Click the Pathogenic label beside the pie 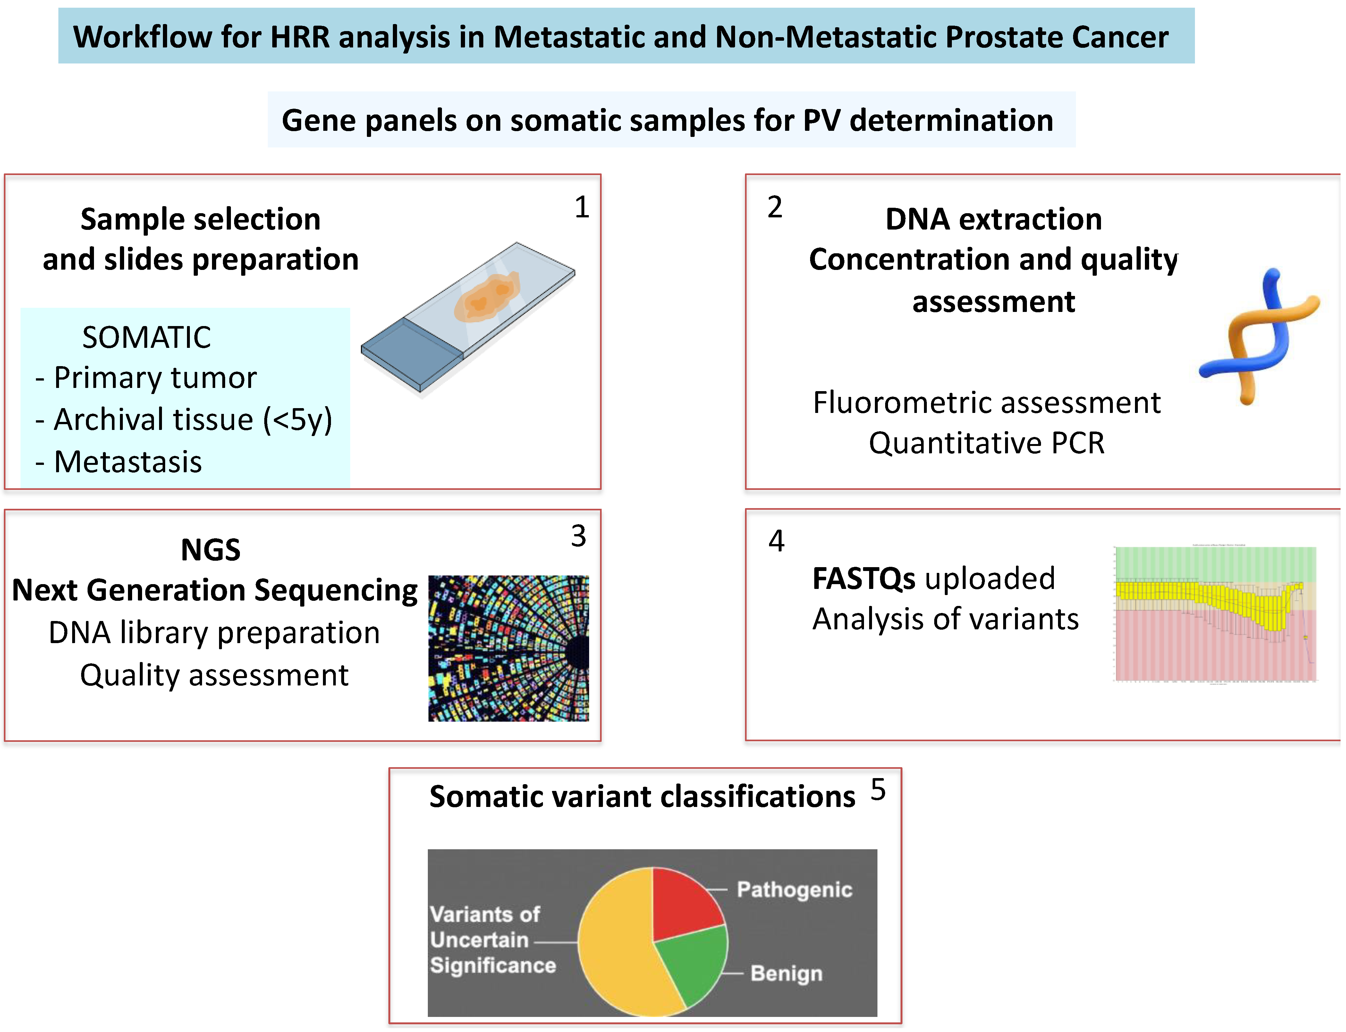click(794, 889)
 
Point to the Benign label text click(786, 974)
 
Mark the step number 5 click(878, 790)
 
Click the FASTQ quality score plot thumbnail click(1215, 614)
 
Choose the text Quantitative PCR click(986, 443)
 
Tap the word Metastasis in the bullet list click(128, 462)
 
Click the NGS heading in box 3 click(211, 550)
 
